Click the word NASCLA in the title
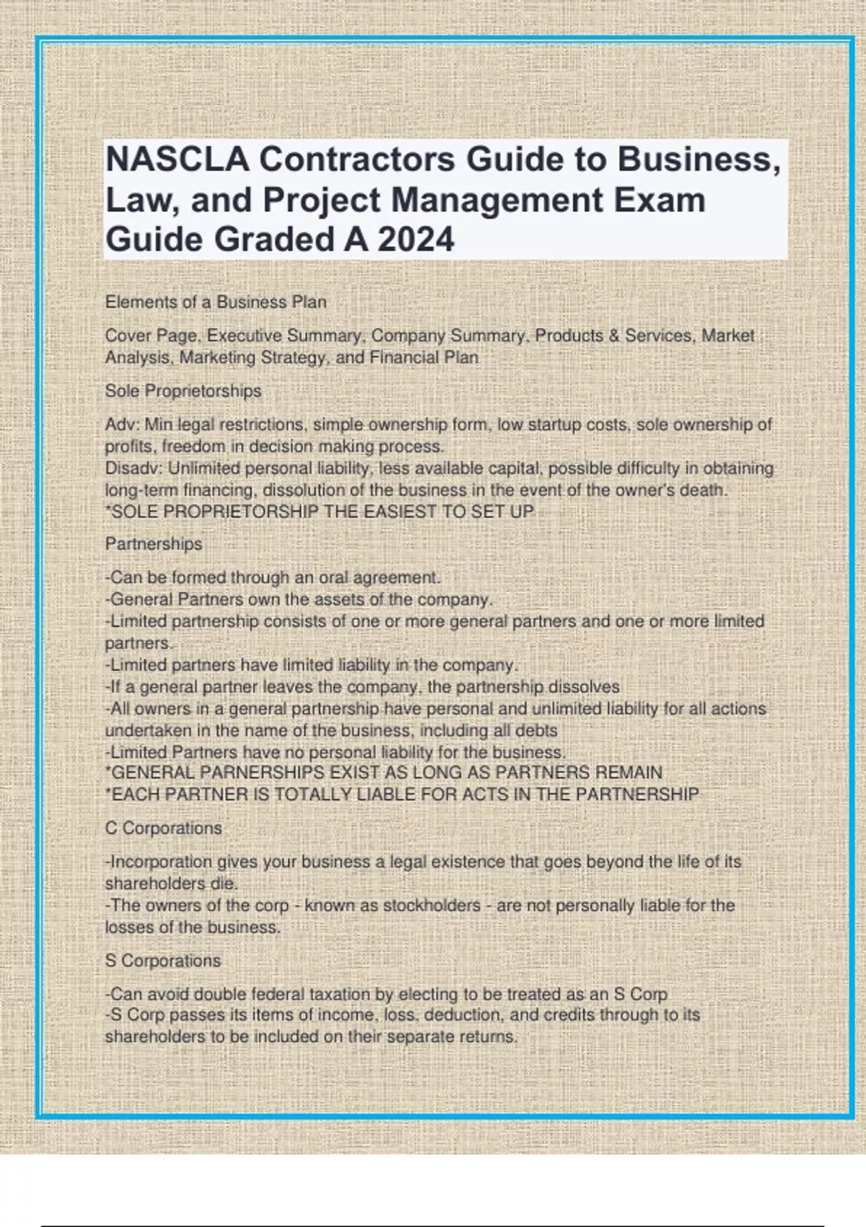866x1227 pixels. pos(177,160)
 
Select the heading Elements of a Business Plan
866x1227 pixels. pos(215,302)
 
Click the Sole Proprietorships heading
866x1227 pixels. pos(183,390)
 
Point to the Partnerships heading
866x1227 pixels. pos(154,543)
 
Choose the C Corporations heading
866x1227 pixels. pos(164,828)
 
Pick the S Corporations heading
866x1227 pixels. pos(163,961)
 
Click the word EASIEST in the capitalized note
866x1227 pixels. pos(398,512)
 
